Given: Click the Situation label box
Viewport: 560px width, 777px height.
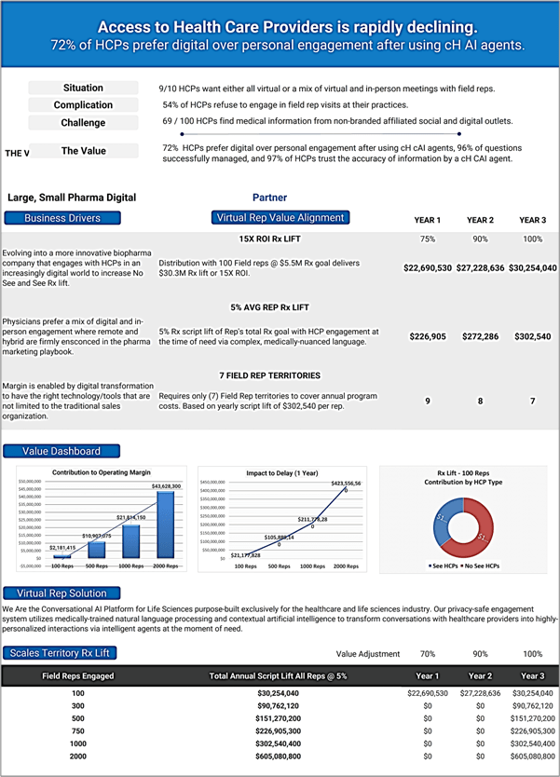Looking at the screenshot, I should coord(83,88).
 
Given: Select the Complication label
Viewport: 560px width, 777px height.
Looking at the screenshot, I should coord(83,105).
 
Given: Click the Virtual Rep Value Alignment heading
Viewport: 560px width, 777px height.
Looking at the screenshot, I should coord(280,218).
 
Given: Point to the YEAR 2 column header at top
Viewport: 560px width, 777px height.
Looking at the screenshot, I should coord(480,221).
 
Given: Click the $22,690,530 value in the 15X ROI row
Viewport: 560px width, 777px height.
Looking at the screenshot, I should coord(427,267).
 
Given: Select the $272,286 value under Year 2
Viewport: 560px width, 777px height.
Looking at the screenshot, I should coord(480,336).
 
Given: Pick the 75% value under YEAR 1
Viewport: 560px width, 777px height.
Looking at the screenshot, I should coord(427,239).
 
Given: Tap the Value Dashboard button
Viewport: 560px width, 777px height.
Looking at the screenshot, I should coord(61,451).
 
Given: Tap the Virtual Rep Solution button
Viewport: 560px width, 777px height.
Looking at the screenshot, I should coord(61,593).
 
